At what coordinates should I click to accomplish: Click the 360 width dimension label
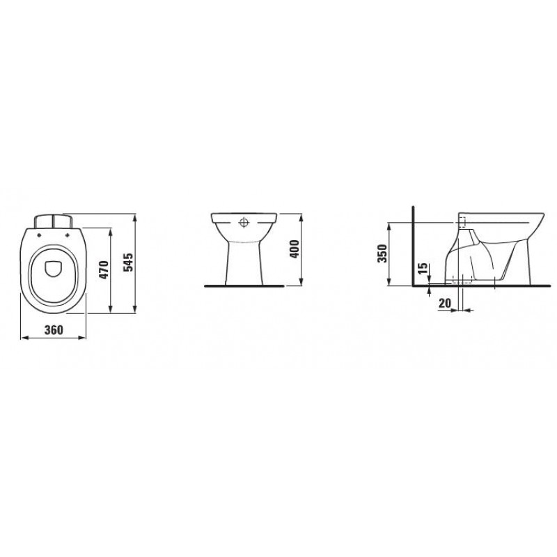click(54, 329)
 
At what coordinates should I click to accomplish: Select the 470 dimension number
click(103, 269)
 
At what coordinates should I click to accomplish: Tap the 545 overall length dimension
click(128, 262)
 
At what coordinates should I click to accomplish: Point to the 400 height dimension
click(295, 249)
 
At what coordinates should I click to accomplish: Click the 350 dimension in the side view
click(382, 253)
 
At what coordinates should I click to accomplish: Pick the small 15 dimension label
click(423, 268)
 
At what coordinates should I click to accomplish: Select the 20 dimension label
click(445, 303)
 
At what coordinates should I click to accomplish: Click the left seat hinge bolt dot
click(39, 234)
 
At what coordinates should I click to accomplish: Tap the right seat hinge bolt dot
click(67, 234)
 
